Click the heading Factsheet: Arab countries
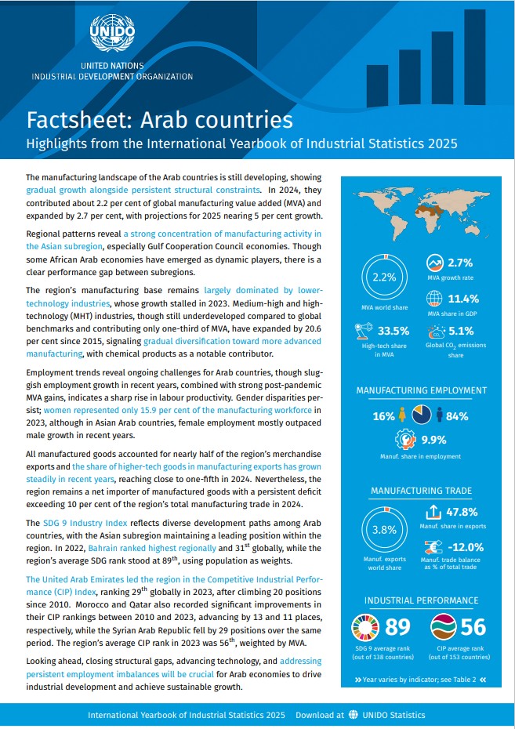[160, 120]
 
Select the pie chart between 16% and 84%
[421, 414]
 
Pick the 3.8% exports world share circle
[385, 529]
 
